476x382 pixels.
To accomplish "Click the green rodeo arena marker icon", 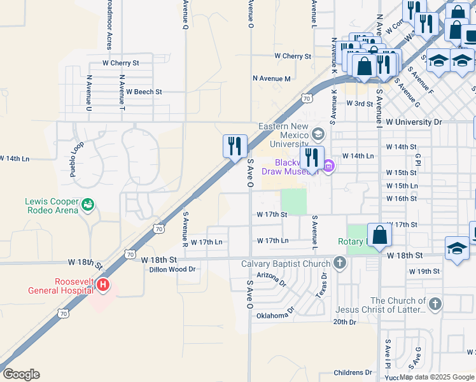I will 88,205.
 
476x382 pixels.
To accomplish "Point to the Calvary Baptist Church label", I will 286,264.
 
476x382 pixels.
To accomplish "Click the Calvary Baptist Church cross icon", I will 340,263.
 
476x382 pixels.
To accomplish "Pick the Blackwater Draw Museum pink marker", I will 328,167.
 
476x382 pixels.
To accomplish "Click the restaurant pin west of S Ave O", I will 235,146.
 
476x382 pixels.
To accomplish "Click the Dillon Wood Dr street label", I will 172,270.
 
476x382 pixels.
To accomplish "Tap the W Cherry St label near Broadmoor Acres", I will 121,63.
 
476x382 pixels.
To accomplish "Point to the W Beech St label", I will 144,92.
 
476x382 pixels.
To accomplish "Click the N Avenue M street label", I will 271,78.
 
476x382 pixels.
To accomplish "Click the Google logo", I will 22,374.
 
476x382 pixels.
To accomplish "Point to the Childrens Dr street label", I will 353,372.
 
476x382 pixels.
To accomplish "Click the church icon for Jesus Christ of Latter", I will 435,304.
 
